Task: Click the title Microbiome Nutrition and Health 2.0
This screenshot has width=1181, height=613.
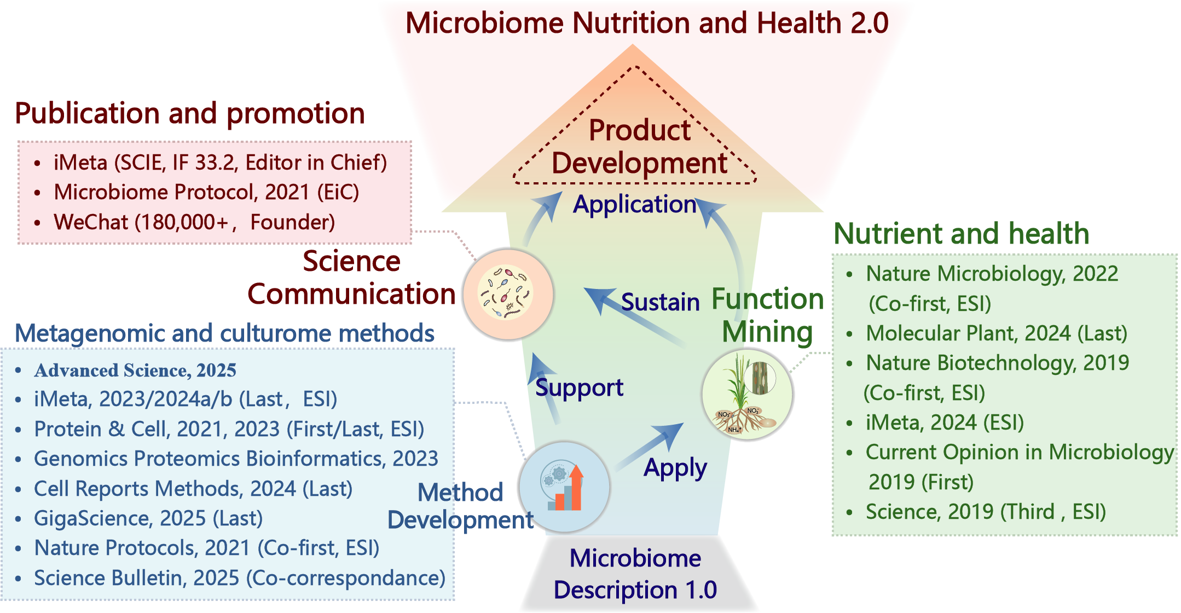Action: [x=647, y=23]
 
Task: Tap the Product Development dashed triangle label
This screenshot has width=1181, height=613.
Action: [x=639, y=147]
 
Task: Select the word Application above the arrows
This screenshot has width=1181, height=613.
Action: [x=634, y=204]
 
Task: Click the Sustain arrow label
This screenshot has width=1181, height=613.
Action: [x=660, y=302]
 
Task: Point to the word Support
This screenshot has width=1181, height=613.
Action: [x=579, y=388]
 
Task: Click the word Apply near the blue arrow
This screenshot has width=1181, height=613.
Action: [x=675, y=468]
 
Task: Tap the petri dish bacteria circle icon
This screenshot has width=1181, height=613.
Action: [x=508, y=294]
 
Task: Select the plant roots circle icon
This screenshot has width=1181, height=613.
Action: [x=747, y=394]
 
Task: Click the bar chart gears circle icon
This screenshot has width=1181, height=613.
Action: [x=564, y=487]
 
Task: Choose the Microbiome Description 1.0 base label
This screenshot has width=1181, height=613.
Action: [x=635, y=574]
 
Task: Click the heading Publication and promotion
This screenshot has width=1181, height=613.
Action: [x=189, y=113]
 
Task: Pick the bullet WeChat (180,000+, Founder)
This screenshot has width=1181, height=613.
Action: [x=194, y=222]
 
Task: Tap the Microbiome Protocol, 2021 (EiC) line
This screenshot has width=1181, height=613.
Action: [x=206, y=192]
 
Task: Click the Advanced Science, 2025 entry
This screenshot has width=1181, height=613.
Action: [x=135, y=371]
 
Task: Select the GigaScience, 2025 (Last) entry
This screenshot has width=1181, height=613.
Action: [x=148, y=518]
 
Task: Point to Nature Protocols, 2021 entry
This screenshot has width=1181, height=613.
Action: [x=206, y=548]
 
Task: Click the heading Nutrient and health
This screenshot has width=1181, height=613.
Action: [x=961, y=234]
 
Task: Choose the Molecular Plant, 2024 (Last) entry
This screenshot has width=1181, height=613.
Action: [x=996, y=333]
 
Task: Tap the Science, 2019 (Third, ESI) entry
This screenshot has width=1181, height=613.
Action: [x=985, y=512]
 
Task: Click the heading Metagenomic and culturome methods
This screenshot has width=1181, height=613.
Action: [x=224, y=333]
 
